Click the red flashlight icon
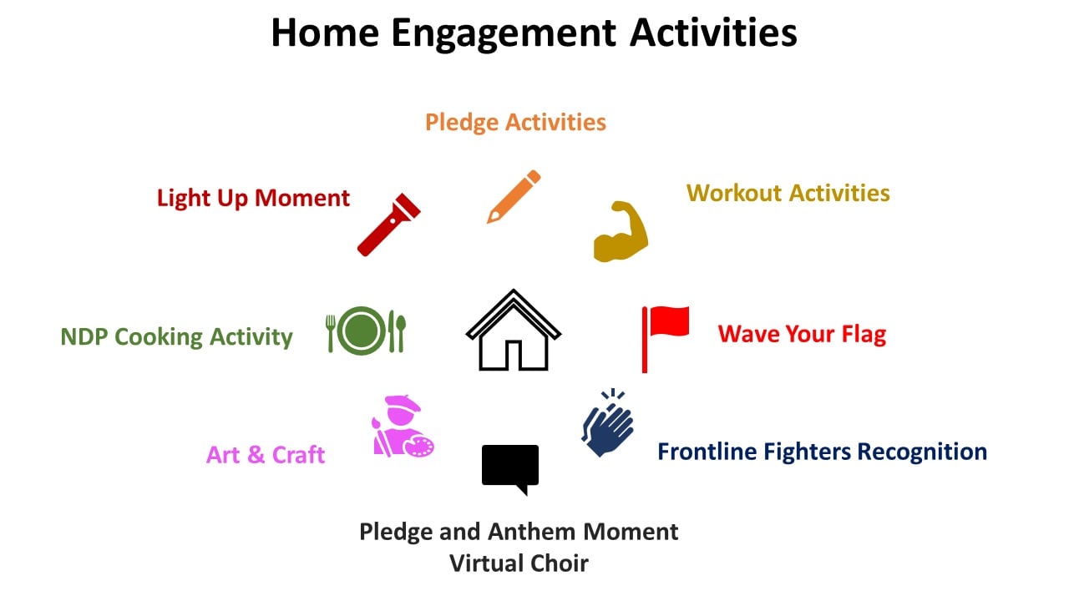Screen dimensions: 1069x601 pos(388,225)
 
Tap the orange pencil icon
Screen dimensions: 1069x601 pos(514,196)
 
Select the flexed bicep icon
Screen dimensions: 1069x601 pos(621,232)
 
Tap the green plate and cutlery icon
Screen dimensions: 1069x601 pos(366,331)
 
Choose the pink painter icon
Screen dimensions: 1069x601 pos(403,427)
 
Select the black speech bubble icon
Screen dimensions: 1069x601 pos(510,467)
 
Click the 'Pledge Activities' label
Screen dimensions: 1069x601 pos(515,123)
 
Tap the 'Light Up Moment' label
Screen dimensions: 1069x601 pos(253,199)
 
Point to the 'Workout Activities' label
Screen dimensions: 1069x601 pos(788,193)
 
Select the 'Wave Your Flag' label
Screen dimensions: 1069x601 pos(802,334)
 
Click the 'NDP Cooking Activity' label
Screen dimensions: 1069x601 pos(176,336)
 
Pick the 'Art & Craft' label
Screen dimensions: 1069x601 pos(266,455)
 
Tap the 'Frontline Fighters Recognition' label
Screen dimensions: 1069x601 pos(823,452)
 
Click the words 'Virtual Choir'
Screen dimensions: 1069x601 pos(519,563)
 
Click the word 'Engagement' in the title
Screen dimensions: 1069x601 pos(504,34)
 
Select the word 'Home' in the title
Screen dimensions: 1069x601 pos(325,33)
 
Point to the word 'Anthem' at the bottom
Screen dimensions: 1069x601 pos(532,532)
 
